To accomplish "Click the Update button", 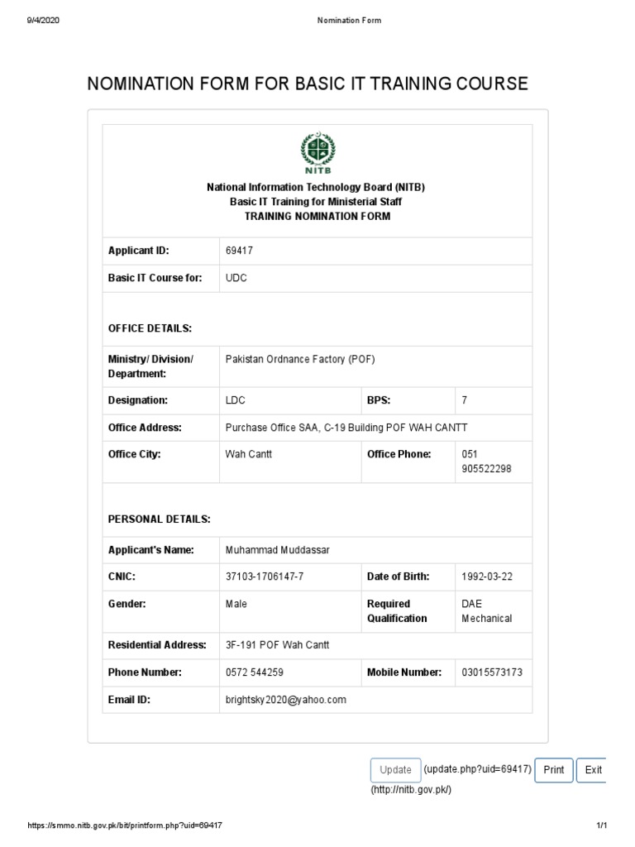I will [395, 769].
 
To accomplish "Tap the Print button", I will [554, 769].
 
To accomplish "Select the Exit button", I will [593, 769].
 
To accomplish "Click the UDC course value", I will [236, 278].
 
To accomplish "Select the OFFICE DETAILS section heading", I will [150, 328].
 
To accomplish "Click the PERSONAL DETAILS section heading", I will [159, 519].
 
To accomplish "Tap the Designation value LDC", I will [236, 400].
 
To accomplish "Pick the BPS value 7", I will [465, 400].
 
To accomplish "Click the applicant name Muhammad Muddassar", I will [270, 550].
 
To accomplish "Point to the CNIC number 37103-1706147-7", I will [265, 577].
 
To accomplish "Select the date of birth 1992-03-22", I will [487, 577].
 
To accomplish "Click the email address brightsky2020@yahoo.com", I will [285, 700].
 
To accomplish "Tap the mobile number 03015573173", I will [492, 672].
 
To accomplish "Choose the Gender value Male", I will [236, 604].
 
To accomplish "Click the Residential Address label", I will [156, 645].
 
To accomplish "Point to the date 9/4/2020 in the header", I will [42, 21].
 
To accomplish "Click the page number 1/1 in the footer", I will [602, 825].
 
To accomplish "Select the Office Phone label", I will [399, 454].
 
